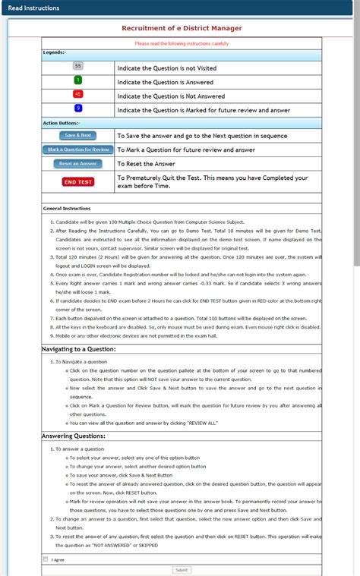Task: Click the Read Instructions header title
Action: tap(29, 7)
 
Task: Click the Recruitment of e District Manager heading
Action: tap(182, 28)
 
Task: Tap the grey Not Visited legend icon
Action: tap(78, 67)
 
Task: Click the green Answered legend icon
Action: tap(78, 80)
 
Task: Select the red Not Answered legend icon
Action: tap(78, 95)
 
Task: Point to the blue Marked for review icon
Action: tap(78, 109)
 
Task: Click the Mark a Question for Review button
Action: tap(77, 150)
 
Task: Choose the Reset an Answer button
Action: tap(77, 163)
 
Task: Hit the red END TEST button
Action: tap(77, 182)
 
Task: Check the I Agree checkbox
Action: tap(46, 559)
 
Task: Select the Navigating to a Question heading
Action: tap(78, 349)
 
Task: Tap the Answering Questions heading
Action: tap(73, 436)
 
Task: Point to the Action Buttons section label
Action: tap(62, 122)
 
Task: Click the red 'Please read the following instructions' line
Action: tap(182, 43)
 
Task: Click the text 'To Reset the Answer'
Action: tap(146, 164)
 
